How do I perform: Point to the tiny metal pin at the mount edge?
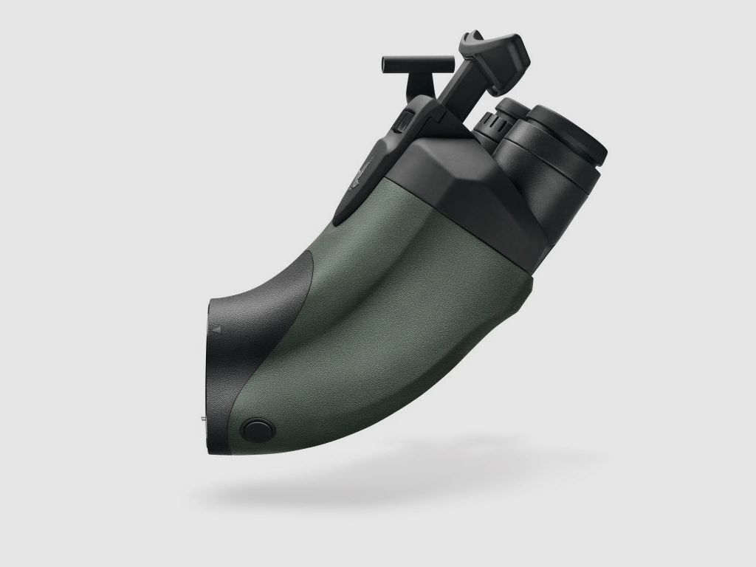coord(204,417)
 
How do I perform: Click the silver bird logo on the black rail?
coord(362,178)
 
